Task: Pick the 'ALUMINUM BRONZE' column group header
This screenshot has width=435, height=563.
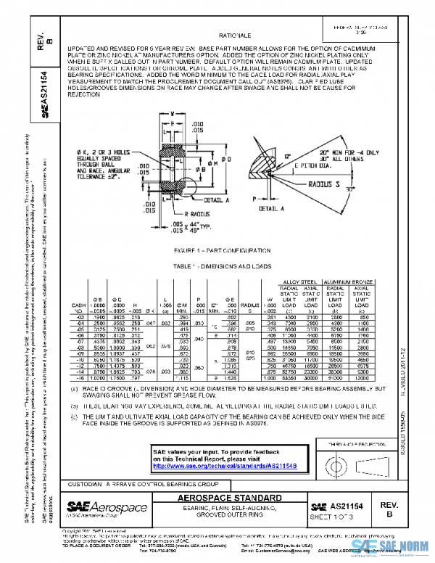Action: click(351, 279)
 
